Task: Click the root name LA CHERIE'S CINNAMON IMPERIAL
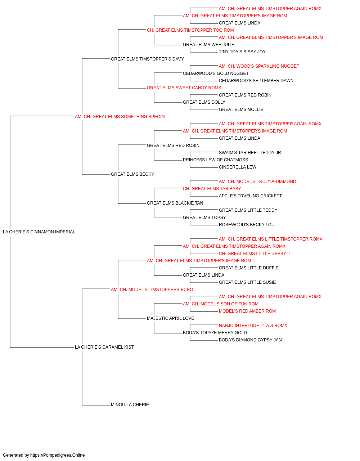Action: (39, 232)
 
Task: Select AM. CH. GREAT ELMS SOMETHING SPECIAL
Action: (121, 117)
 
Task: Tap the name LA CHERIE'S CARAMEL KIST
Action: (104, 347)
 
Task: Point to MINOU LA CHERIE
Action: (130, 405)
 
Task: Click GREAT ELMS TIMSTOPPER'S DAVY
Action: (147, 59)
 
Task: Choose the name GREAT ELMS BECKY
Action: (132, 174)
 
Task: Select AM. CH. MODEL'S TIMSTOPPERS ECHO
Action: (152, 290)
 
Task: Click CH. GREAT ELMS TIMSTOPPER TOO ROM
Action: (190, 30)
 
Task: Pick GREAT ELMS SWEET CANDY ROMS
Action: (184, 88)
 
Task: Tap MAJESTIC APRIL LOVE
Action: (170, 318)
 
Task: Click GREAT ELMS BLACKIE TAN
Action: (175, 203)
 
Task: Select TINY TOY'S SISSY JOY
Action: (242, 52)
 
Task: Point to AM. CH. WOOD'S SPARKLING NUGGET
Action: (259, 66)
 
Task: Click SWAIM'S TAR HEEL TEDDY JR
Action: (250, 153)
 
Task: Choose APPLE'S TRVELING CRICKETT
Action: (251, 196)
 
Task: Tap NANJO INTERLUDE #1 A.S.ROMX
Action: (253, 326)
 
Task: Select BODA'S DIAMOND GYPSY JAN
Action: (250, 340)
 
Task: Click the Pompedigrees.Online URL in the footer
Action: (58, 455)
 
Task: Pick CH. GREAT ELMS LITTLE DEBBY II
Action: (254, 254)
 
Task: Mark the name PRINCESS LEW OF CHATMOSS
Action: (215, 160)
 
